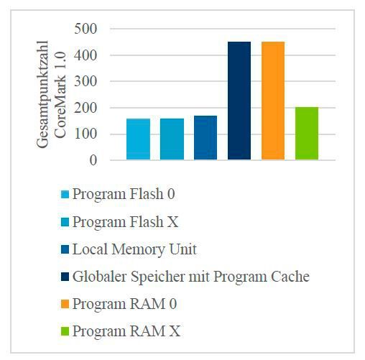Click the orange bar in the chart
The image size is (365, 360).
click(x=273, y=101)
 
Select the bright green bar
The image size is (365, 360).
click(x=307, y=134)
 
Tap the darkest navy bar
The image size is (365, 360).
click(x=239, y=101)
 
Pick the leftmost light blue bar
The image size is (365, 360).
click(x=138, y=139)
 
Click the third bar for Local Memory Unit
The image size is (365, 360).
click(x=205, y=138)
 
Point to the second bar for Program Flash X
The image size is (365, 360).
click(x=172, y=139)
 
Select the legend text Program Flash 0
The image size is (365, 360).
click(x=123, y=195)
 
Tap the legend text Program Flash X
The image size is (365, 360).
click(x=124, y=222)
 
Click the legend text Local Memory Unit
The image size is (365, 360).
click(x=134, y=249)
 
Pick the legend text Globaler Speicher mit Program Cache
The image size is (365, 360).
click(x=190, y=277)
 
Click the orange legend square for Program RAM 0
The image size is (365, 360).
click(x=65, y=305)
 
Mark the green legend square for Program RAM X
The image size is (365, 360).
click(x=65, y=332)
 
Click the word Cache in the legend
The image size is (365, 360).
click(x=291, y=277)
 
